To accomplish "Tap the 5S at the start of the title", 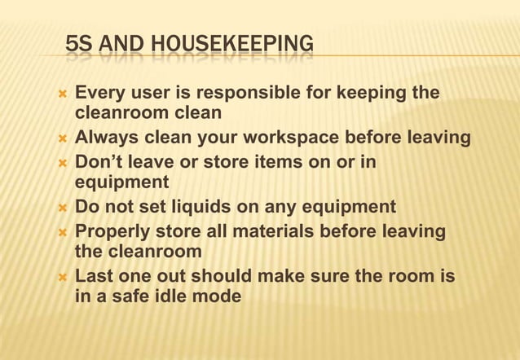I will coord(78,42).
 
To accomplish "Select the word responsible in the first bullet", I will coord(249,93).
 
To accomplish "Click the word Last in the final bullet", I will coord(93,276).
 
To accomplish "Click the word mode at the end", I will coord(215,296).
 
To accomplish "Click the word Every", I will coord(100,93).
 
